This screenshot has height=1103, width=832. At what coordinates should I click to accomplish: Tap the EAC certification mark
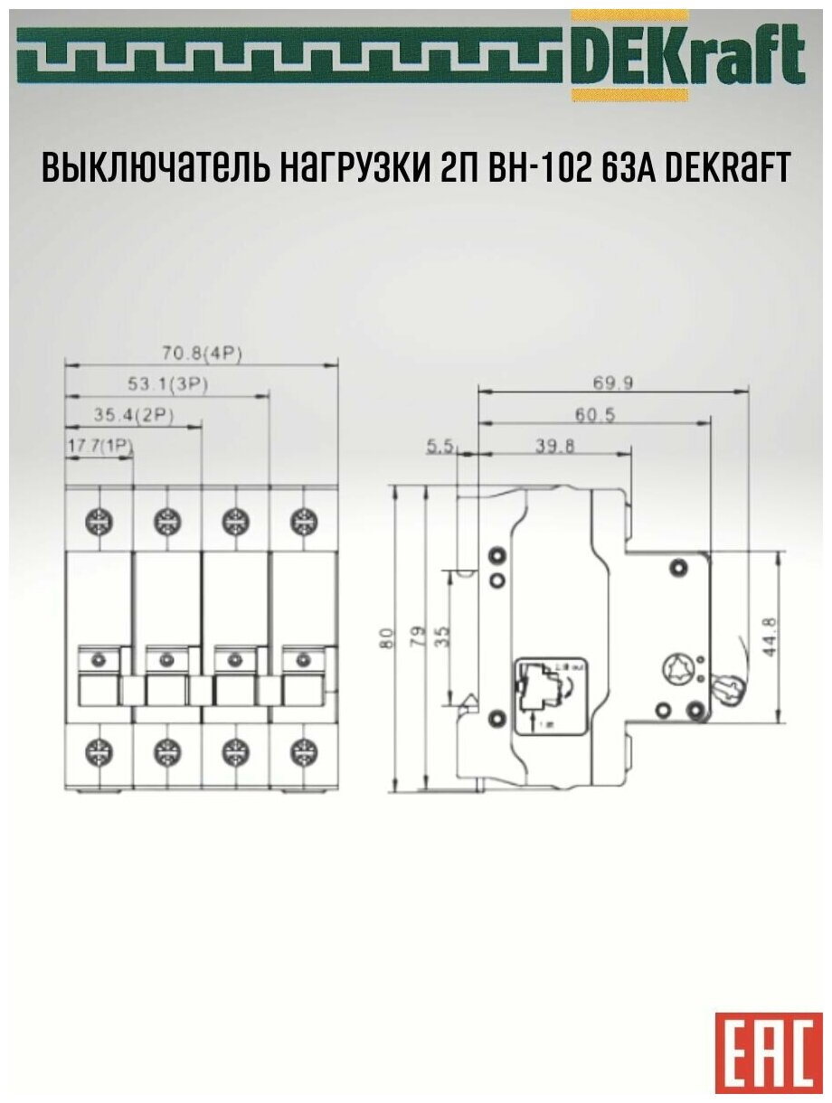pos(769,1050)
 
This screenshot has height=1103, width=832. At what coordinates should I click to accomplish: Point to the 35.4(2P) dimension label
pos(134,416)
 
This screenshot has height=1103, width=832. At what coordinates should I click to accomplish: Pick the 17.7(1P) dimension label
pos(100,446)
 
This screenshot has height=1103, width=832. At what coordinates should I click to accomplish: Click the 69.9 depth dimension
pos(612,382)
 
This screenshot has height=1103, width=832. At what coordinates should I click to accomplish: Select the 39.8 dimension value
pos(553,446)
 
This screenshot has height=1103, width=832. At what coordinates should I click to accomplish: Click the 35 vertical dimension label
pos(442,636)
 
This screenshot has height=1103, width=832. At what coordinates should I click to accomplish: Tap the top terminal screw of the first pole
pos(99,521)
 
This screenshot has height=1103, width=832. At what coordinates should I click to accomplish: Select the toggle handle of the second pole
pos(166,692)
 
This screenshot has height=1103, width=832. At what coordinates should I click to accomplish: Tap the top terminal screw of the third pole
pos(234,521)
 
